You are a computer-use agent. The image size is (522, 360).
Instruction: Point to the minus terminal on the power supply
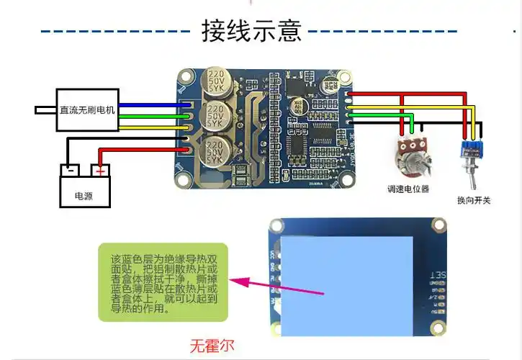[70, 171]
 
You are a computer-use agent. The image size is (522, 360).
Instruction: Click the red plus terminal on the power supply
[100, 171]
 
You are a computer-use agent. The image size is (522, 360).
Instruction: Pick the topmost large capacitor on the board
[218, 85]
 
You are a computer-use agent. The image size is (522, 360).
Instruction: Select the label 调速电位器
[408, 189]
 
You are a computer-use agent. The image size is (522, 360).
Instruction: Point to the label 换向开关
[473, 200]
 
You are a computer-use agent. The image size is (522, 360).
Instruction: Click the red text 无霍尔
[212, 345]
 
